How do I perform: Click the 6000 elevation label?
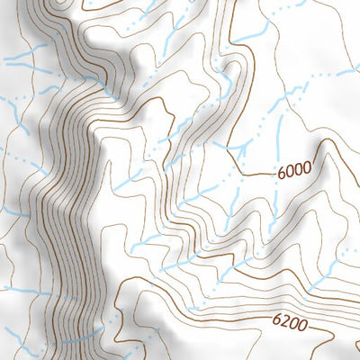[x=295, y=168]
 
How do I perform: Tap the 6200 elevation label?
[x=288, y=320]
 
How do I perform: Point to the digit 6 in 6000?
[x=282, y=167]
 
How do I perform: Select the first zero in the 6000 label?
[x=291, y=168]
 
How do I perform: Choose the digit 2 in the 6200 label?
[x=283, y=319]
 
